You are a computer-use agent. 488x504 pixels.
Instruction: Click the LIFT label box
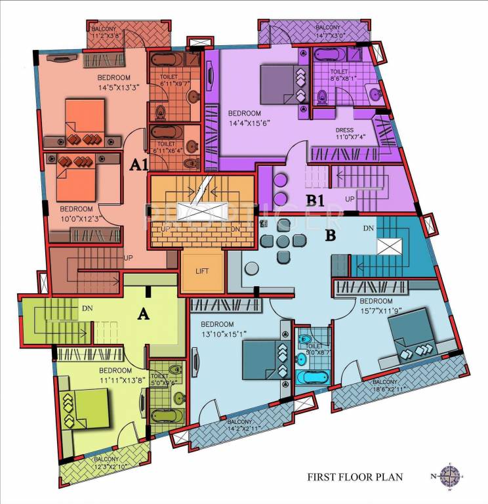(x=203, y=270)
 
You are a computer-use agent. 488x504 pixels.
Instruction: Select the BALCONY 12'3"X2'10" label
(x=106, y=463)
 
